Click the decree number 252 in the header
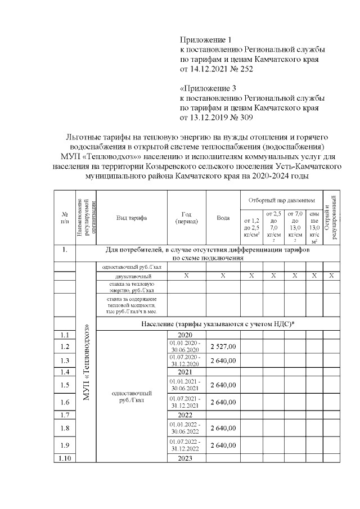pos(247,70)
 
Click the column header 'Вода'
pos(223,218)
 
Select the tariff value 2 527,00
pos(223,346)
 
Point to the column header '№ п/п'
pos(64,218)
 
